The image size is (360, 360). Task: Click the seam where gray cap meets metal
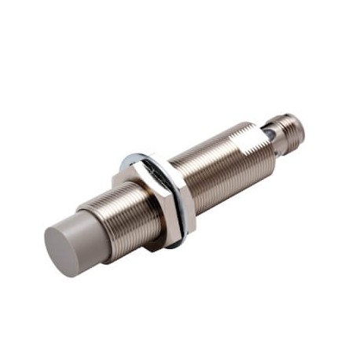click(98, 220)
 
